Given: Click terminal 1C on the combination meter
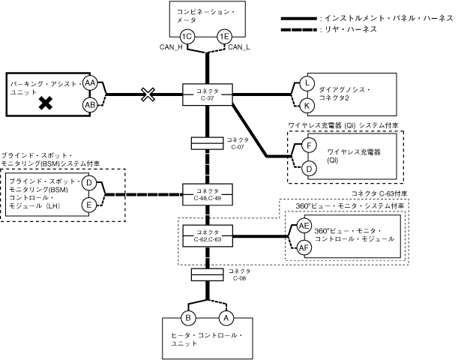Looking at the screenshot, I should pos(189,36).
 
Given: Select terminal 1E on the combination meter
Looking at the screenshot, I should pos(224,36).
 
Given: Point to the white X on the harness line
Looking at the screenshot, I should pos(148,94).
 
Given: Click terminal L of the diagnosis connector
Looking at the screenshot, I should pos(307,82).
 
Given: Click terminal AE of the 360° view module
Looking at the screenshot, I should pos(305,225).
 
